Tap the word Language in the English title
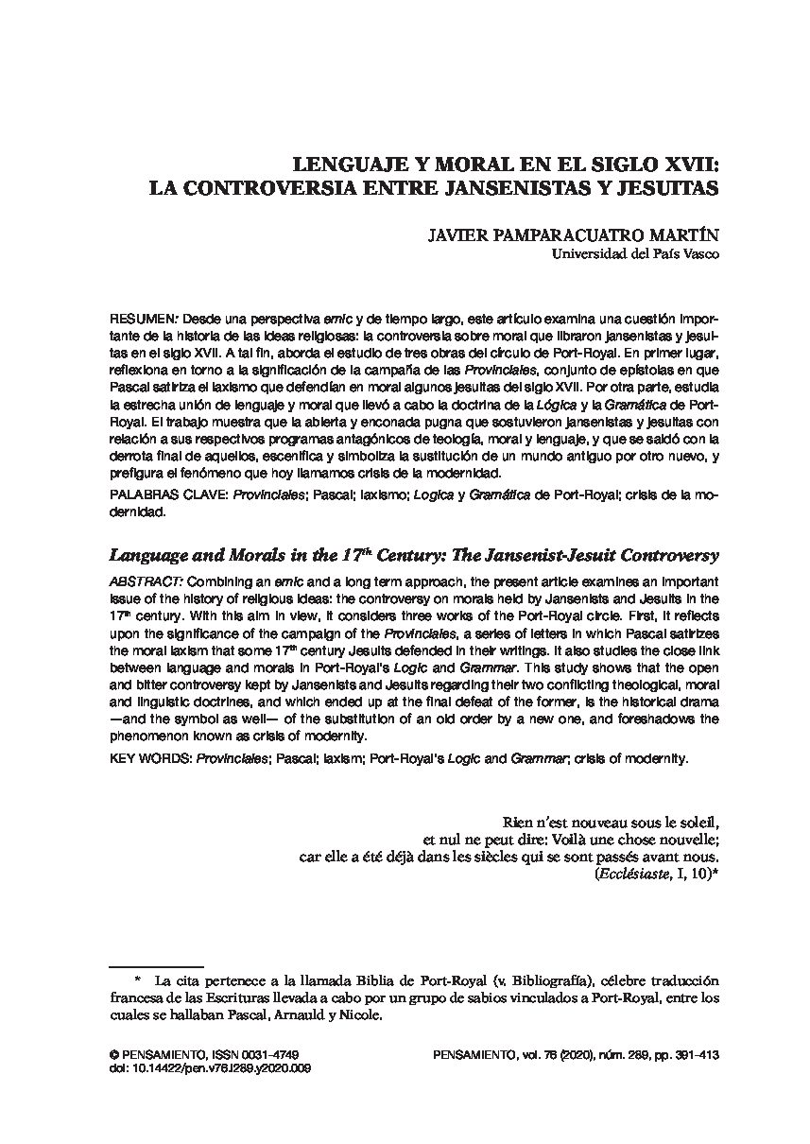click(149, 555)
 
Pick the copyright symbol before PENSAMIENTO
click(114, 1053)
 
